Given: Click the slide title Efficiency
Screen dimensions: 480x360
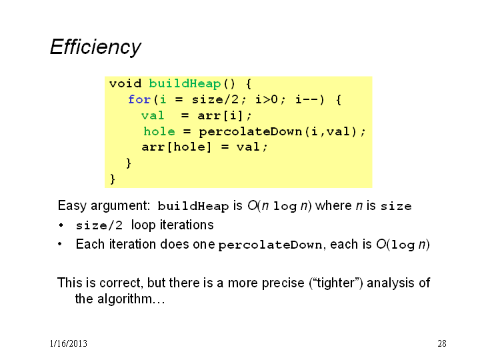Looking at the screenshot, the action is pyautogui.click(x=95, y=47).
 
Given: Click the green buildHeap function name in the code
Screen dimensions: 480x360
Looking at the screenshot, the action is pyautogui.click(x=185, y=83).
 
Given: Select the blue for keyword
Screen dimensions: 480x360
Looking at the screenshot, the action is pyautogui.click(x=139, y=99).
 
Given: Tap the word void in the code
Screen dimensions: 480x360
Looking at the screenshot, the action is pyautogui.click(x=125, y=83).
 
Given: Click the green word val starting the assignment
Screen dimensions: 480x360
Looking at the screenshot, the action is pyautogui.click(x=153, y=115).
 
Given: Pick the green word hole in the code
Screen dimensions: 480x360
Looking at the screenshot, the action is pyautogui.click(x=159, y=131).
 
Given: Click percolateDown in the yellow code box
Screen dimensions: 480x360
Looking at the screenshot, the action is pyautogui.click(x=251, y=132).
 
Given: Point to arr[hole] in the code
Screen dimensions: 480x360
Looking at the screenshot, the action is pyautogui.click(x=176, y=147).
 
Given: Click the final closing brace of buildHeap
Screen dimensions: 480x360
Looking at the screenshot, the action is pyautogui.click(x=113, y=179).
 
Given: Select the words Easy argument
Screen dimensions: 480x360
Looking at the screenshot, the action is pyautogui.click(x=103, y=206).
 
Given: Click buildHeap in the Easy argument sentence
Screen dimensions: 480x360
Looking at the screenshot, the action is pyautogui.click(x=193, y=206).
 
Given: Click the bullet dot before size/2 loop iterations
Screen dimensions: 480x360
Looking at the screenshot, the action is pyautogui.click(x=61, y=225).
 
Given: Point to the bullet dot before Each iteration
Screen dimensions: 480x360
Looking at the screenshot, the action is pyautogui.click(x=60, y=244).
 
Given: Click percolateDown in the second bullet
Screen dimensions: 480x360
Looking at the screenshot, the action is pyautogui.click(x=270, y=245).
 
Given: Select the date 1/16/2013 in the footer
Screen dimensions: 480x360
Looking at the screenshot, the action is pyautogui.click(x=69, y=343).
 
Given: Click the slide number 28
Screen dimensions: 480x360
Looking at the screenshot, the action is pyautogui.click(x=442, y=343).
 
